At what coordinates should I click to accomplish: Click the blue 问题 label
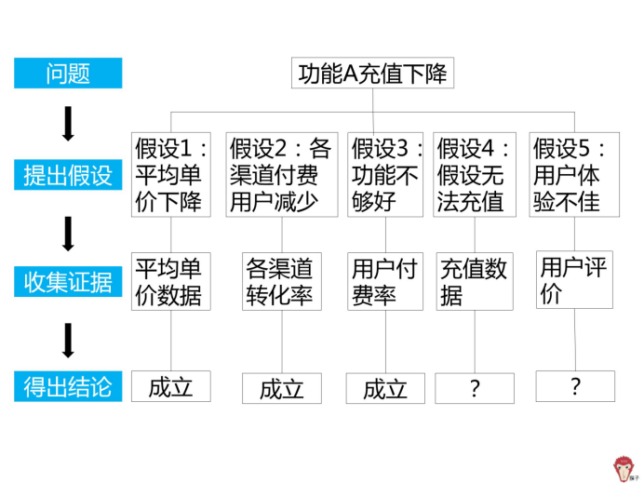click(68, 74)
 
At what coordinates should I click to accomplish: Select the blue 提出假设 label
click(68, 175)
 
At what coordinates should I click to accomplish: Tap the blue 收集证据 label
click(68, 281)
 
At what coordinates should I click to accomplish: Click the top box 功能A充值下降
click(373, 74)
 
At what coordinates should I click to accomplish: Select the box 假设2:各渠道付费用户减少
click(283, 175)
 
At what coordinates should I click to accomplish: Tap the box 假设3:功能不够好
click(386, 175)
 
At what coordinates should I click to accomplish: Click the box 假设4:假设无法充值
click(475, 175)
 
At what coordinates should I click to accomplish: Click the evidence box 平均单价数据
click(170, 281)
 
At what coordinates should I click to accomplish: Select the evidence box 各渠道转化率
click(283, 281)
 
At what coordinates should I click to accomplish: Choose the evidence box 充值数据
click(475, 281)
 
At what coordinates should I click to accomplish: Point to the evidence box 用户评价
click(575, 279)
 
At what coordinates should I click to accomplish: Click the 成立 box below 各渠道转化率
click(282, 388)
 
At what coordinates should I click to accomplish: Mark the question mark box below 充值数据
click(475, 388)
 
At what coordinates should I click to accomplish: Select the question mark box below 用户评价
click(575, 386)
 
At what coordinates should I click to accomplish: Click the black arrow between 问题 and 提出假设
click(68, 124)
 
